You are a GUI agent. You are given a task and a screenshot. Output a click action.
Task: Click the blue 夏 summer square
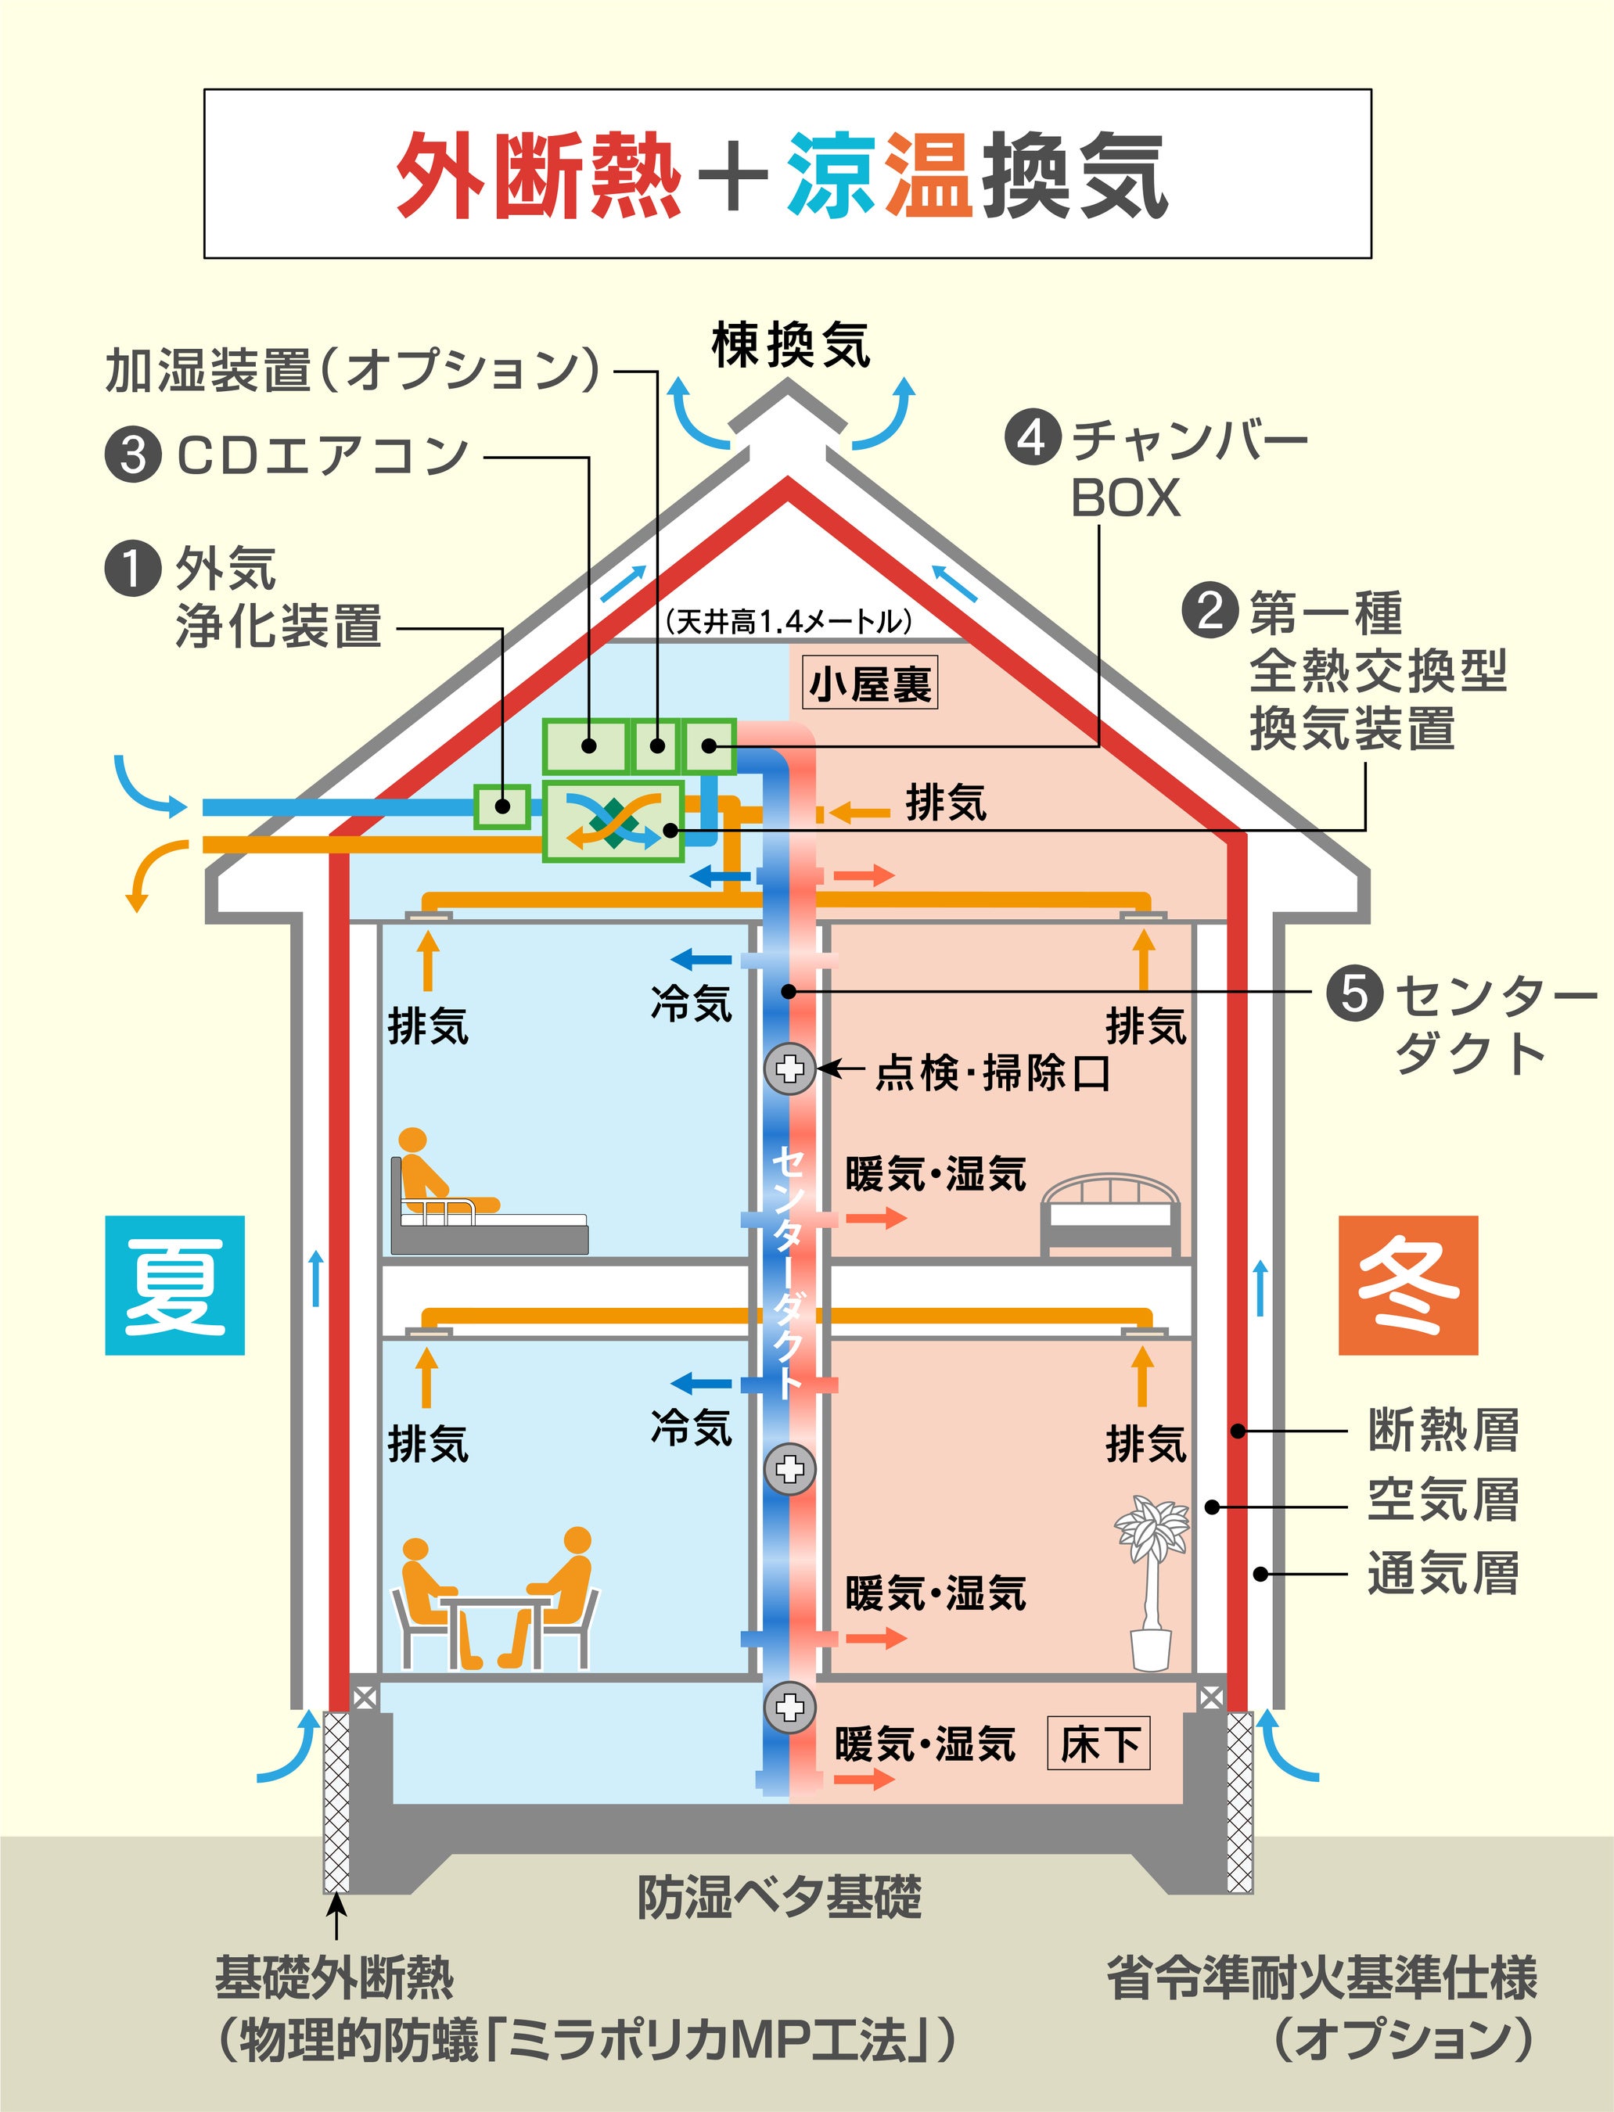(x=174, y=1285)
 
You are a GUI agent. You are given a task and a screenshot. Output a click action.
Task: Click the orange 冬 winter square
(x=1407, y=1285)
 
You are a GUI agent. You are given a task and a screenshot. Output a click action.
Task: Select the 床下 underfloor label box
(x=1099, y=1744)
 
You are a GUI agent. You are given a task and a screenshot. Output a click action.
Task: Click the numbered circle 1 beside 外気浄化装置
(x=131, y=568)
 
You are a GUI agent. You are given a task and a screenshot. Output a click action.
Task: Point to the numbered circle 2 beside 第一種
(x=1210, y=611)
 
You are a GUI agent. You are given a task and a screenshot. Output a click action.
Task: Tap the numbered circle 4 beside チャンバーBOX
(x=1032, y=438)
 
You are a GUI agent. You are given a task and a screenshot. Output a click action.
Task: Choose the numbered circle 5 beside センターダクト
(x=1354, y=993)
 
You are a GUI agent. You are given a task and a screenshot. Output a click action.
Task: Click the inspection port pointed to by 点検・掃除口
(x=789, y=1068)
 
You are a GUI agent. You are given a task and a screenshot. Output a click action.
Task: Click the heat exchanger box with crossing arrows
(x=613, y=821)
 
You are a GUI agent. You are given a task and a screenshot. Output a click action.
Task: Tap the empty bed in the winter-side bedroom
(x=1112, y=1214)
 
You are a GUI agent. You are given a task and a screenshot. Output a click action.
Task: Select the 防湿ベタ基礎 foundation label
(x=779, y=1898)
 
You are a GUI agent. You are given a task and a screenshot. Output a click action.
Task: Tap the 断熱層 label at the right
(x=1443, y=1431)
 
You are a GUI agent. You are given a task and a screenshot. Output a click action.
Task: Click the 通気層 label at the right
(x=1443, y=1574)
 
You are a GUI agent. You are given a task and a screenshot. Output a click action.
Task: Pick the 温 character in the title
(x=928, y=174)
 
